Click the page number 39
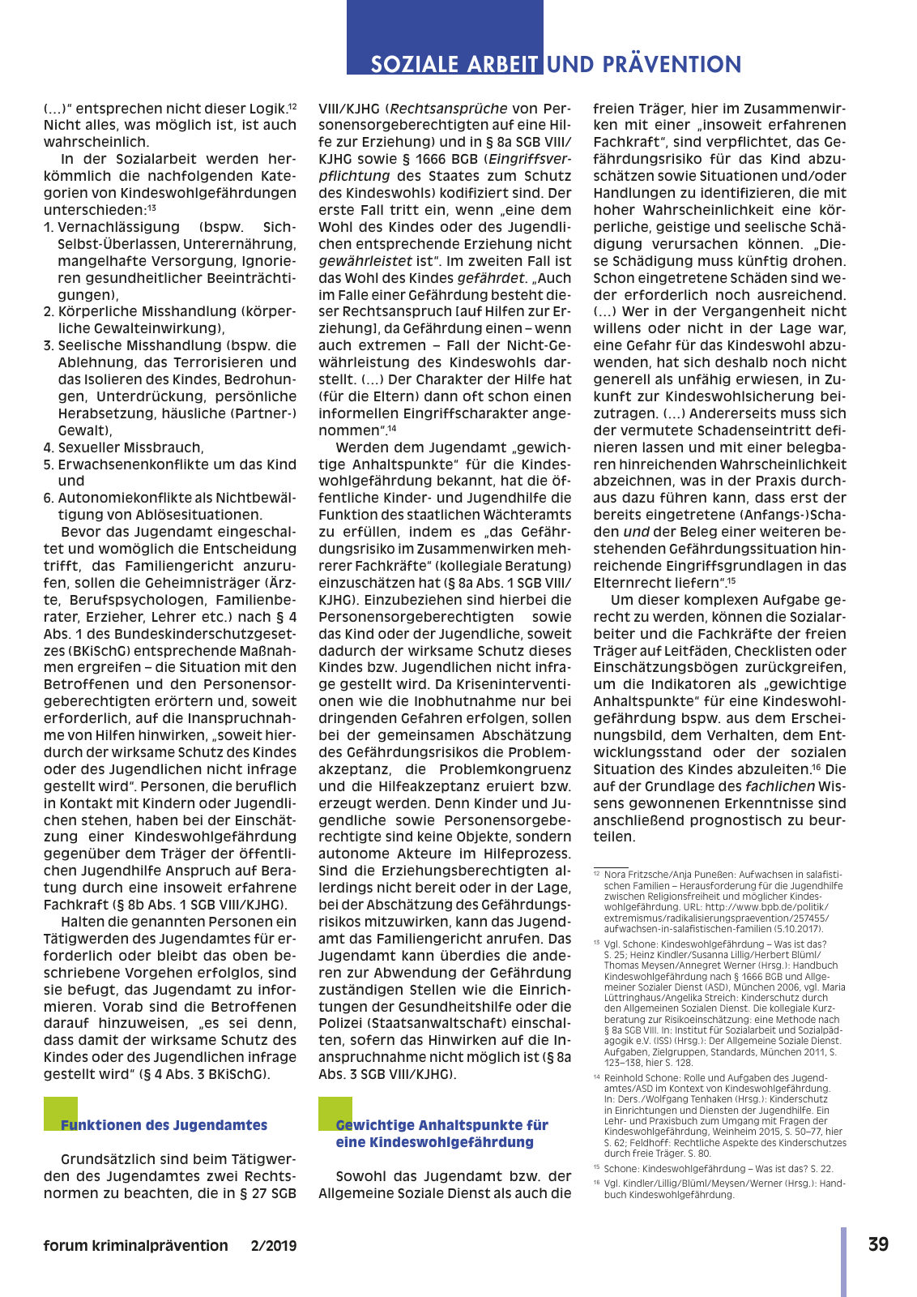878,1244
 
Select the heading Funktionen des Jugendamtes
164,1125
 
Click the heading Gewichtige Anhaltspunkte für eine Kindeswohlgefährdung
441,1133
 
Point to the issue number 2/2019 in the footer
274,1246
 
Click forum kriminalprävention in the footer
136,1246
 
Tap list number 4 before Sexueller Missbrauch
49,447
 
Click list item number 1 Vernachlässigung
49,228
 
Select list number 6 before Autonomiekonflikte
49,499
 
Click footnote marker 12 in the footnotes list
597,874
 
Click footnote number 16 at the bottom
597,1184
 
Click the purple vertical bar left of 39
844,1261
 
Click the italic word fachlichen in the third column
780,786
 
